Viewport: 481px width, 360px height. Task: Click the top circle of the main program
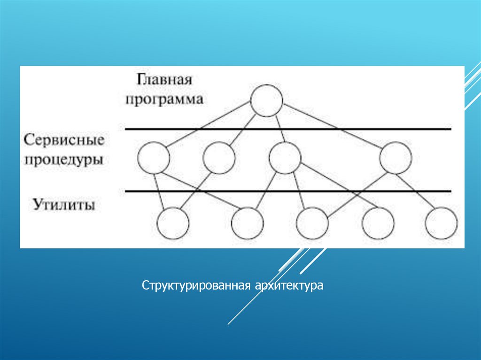tap(266, 100)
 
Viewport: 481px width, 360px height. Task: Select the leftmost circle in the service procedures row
tap(154, 158)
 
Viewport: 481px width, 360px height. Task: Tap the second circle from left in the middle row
tap(219, 158)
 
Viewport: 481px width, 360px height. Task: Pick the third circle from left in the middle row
tap(285, 158)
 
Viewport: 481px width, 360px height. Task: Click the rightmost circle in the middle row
tap(396, 158)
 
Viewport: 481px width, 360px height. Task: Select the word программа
tap(164, 99)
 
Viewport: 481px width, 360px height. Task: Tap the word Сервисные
tap(64, 140)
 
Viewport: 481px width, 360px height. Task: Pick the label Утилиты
tap(64, 205)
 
